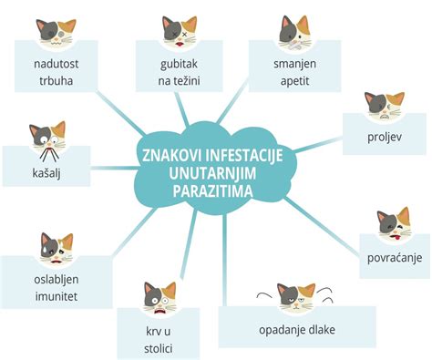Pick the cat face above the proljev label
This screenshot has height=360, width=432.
tap(385, 107)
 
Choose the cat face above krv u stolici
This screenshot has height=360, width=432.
tap(159, 296)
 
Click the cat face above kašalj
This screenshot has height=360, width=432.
tap(46, 137)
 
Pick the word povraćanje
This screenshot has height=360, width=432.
tap(393, 258)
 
